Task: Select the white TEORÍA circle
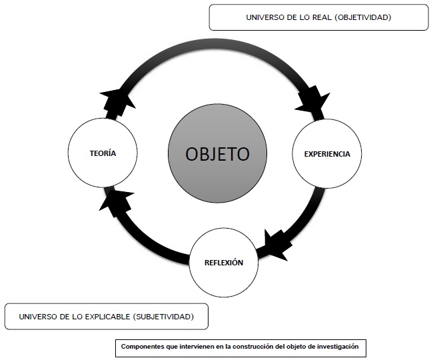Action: coord(103,153)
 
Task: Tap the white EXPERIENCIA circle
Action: coord(327,154)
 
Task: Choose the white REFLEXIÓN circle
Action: coord(224,262)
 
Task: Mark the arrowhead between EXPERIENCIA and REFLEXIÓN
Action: coord(274,245)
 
